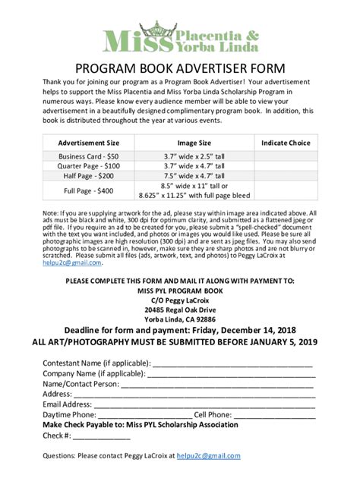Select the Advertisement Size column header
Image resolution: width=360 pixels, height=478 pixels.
(89, 143)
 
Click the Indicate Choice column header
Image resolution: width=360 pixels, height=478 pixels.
(286, 143)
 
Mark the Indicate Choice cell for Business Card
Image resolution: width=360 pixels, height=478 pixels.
(286, 156)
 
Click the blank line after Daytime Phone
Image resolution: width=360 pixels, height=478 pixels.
(144, 415)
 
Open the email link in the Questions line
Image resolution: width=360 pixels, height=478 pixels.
(208, 456)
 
